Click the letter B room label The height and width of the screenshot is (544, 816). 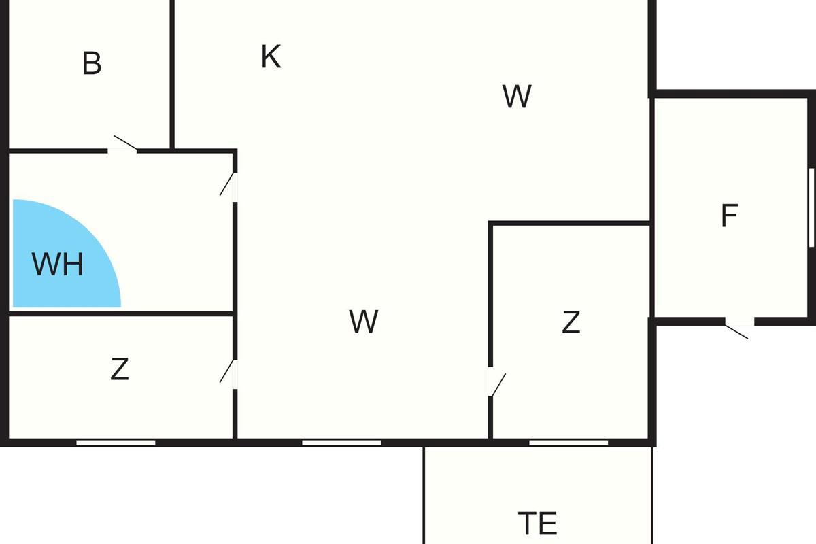pos(92,63)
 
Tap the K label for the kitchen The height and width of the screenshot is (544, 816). pos(271,57)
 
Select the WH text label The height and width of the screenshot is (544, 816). pos(58,265)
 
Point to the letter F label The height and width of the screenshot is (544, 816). pos(729,216)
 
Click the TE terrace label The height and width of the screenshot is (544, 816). pos(537,524)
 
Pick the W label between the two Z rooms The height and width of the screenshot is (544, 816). pos(364,322)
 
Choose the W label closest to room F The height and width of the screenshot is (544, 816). pos(517,97)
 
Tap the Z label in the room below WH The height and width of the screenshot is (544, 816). pos(120,369)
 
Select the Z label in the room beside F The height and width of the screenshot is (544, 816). pos(571,322)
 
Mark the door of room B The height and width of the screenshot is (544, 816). pos(124,144)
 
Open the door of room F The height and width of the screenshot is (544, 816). pos(737,330)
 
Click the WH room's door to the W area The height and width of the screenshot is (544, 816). pos(229,184)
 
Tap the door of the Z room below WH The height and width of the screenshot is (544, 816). pos(229,371)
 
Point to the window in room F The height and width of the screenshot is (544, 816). pos(812,207)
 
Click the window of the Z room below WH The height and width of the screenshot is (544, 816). pos(116,443)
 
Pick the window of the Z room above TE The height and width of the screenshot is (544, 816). pos(568,443)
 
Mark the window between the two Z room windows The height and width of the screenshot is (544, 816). pos(341,443)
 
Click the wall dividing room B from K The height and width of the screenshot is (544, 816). pos(172,75)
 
